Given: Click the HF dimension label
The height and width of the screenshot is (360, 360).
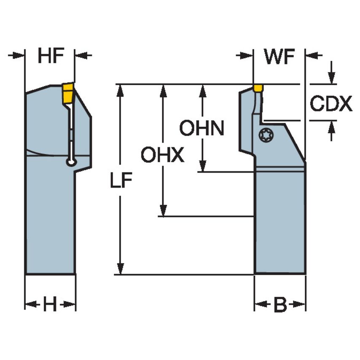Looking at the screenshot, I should click(50, 56).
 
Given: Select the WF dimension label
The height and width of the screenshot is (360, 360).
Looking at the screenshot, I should click(279, 56).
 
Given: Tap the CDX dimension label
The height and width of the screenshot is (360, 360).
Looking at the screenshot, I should click(331, 104).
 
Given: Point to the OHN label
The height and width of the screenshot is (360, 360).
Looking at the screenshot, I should click(201, 128).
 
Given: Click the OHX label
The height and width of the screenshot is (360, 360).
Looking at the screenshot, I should click(162, 156).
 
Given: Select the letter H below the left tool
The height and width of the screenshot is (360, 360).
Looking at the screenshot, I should click(50, 304).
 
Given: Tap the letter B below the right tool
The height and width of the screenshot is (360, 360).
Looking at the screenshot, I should click(279, 305).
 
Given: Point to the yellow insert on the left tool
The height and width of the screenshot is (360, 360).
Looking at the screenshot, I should click(68, 92).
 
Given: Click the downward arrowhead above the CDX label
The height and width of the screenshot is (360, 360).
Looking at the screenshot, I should click(332, 78).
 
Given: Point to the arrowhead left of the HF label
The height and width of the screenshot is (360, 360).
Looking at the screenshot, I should click(19, 55).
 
